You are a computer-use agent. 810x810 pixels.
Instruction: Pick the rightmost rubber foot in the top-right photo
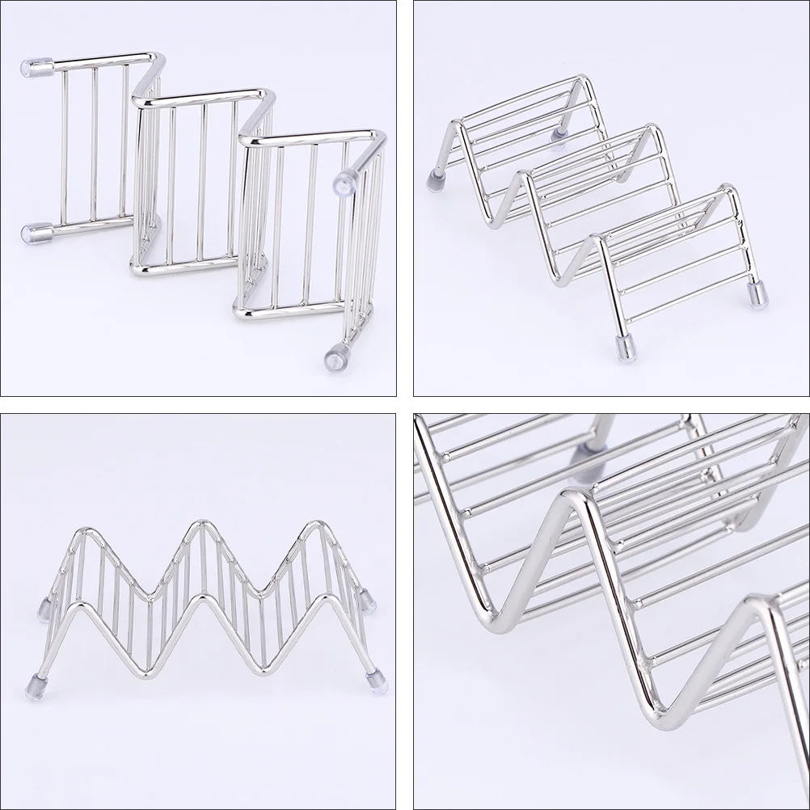tap(757, 294)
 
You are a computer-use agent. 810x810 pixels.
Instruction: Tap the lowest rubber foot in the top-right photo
tap(626, 347)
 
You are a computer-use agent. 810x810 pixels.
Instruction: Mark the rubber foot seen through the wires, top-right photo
tap(559, 133)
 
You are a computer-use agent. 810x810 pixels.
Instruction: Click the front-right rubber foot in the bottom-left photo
tap(377, 682)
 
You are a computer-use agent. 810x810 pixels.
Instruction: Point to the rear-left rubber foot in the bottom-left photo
tap(44, 609)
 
